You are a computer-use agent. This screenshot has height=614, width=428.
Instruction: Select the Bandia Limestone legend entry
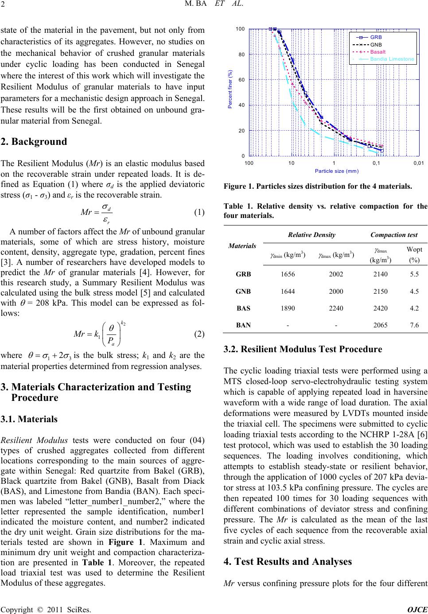click(392, 58)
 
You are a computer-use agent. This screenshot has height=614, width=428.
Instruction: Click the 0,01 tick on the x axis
click(418, 163)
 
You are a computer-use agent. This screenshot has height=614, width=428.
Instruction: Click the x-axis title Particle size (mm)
click(336, 171)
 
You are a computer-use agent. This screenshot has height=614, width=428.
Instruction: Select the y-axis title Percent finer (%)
click(230, 92)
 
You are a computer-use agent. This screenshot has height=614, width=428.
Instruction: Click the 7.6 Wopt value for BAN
click(414, 325)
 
